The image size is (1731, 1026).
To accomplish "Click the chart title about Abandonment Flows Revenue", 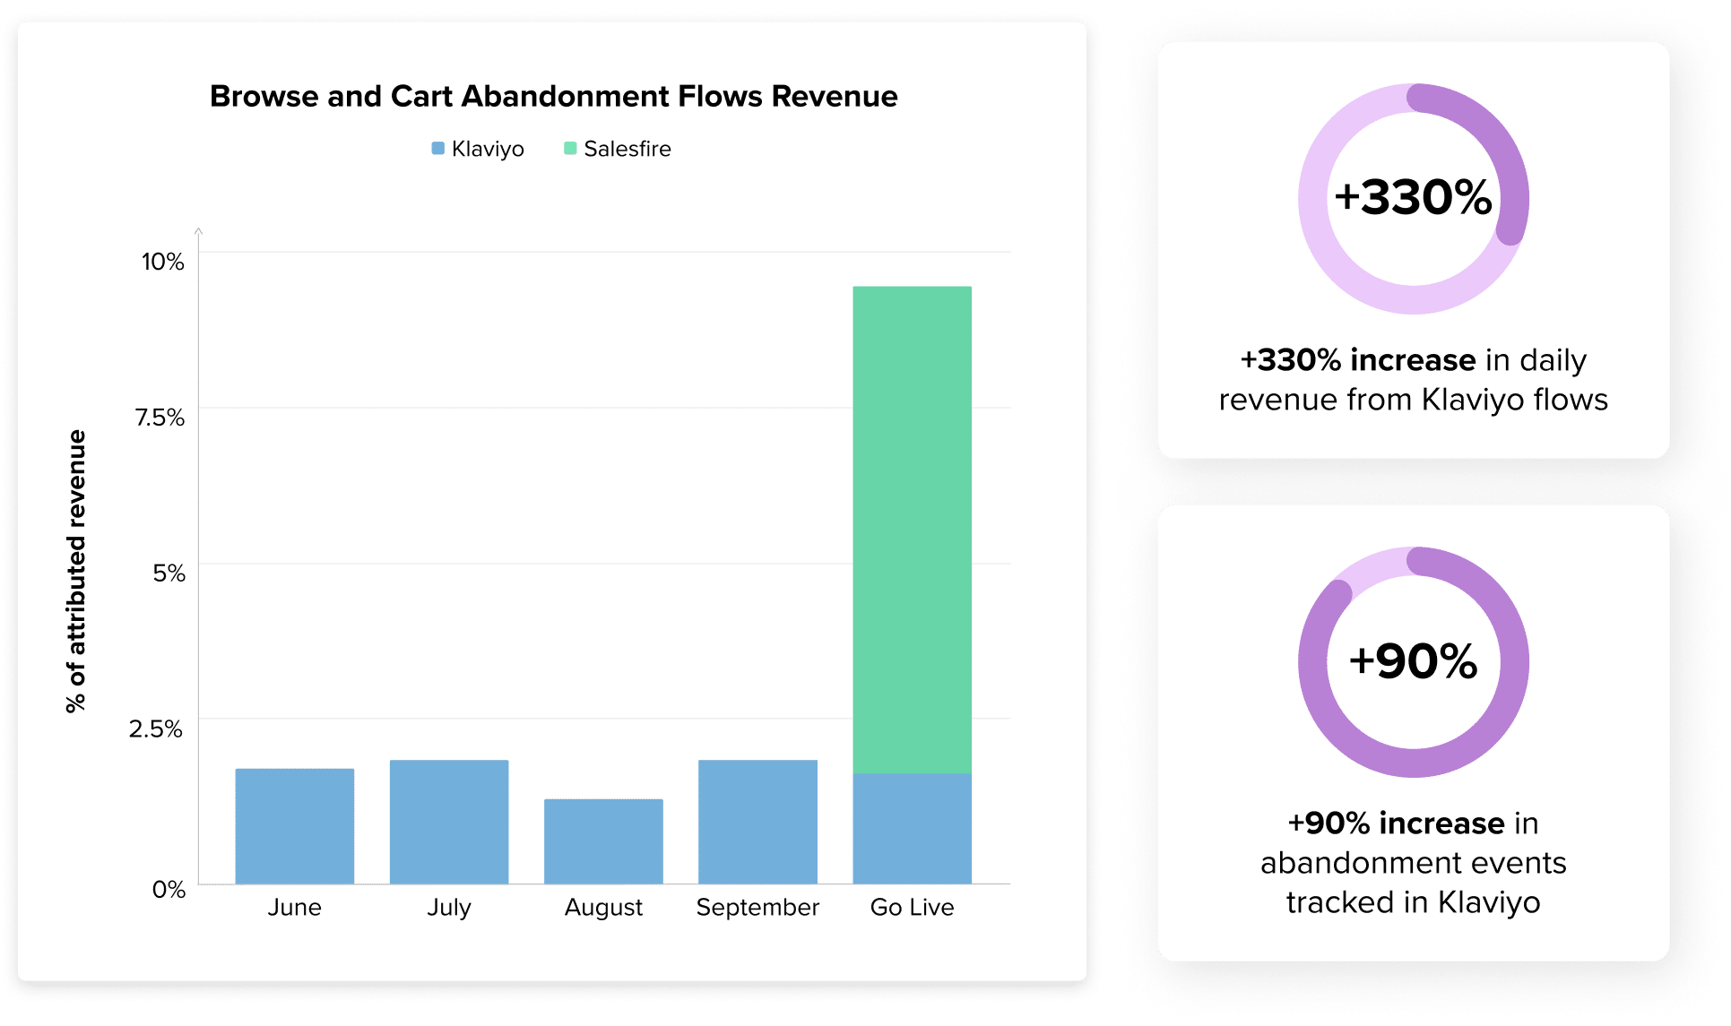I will pos(553,96).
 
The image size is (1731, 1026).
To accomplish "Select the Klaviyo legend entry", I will pos(478,149).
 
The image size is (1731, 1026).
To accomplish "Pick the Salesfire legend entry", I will pos(618,149).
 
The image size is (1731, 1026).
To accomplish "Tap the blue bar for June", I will pos(294,825).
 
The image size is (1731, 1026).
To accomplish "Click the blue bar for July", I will pos(448,822).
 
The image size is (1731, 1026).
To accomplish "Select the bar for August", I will pos(603,841).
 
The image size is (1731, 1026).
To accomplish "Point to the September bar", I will pos(757,822).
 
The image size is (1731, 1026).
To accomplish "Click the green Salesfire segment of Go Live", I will pos(912,529).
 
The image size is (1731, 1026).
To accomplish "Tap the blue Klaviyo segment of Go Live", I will pos(912,828).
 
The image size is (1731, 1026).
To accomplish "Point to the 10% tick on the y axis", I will pos(162,262).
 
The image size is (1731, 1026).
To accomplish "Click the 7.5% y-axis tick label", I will pos(160,418).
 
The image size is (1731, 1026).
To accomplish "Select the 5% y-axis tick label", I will pos(169,573).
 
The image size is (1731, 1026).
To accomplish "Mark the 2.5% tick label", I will pos(156,729).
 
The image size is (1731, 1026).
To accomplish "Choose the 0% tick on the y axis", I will pos(169,889).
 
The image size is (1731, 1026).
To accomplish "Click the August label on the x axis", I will pos(603,908).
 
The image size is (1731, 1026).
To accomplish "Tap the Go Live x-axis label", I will pos(912,908).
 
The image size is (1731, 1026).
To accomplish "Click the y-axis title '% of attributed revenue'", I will pos(77,571).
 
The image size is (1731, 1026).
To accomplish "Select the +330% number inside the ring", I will pos(1413,197).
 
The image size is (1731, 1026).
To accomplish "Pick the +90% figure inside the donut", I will pos(1413,661).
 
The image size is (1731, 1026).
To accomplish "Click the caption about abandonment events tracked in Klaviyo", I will pos(1413,862).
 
